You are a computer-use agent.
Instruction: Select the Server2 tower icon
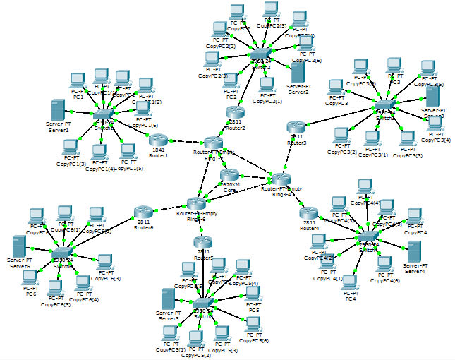(298, 73)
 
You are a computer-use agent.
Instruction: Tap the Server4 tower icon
(414, 252)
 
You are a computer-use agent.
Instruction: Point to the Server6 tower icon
(20, 246)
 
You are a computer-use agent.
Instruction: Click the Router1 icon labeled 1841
(159, 138)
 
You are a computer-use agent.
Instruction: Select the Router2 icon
(235, 112)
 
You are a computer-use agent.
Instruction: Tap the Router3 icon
(296, 127)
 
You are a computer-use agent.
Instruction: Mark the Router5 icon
(202, 243)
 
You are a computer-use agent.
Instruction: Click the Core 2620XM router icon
(230, 175)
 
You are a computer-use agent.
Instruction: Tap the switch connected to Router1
(104, 114)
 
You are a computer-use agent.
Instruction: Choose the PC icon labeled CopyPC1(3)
(71, 148)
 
